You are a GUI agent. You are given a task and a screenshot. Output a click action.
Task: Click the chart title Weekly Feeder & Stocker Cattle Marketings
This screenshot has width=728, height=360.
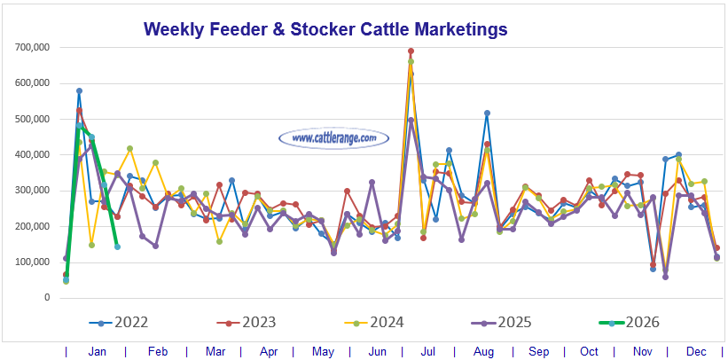[x=325, y=29]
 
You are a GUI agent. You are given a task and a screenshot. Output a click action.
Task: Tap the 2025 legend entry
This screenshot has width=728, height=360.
[x=523, y=322]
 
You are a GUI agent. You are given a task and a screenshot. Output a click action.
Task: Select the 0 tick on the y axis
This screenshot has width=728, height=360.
[x=47, y=298]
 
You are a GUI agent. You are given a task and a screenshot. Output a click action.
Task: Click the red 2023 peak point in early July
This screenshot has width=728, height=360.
[x=411, y=51]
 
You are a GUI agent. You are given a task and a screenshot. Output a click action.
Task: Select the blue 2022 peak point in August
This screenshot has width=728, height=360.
[x=487, y=113]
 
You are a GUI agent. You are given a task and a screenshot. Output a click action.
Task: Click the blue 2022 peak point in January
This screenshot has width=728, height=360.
[x=79, y=91]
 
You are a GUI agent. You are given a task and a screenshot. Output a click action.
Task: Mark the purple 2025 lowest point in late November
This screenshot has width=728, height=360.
[x=665, y=277]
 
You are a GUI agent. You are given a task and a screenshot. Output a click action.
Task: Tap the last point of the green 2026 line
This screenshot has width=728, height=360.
[x=117, y=247]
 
